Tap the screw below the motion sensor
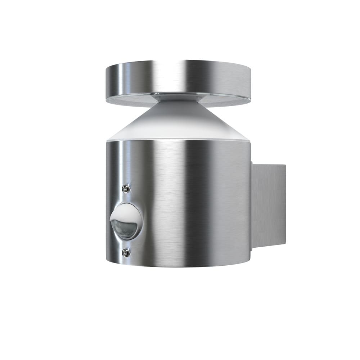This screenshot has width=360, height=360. coord(126,253)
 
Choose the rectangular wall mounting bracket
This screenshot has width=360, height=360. coord(268,205)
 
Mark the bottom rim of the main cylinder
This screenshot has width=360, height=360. coord(178,266)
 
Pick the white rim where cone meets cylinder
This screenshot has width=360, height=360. coord(178,138)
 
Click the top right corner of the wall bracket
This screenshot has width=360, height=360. coord(285,165)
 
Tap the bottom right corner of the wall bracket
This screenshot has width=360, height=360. coord(285,245)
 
